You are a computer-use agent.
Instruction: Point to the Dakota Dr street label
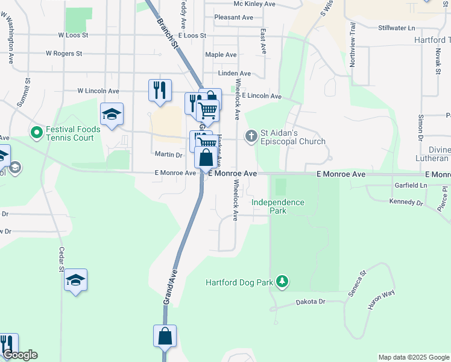tap(311, 302)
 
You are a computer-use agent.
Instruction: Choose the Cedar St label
tap(61, 259)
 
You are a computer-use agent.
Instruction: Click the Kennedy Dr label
tap(406, 202)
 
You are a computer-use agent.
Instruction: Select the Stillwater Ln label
tap(397, 28)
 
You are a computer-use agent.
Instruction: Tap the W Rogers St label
tap(64, 54)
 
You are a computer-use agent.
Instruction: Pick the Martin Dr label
tap(168, 155)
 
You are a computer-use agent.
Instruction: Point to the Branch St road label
tap(168, 32)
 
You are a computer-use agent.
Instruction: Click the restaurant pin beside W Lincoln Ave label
tap(160, 91)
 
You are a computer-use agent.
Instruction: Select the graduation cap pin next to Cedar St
tap(75, 281)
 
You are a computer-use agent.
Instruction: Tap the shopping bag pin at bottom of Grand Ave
tap(165, 336)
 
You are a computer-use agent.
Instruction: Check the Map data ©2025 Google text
tap(413, 357)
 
